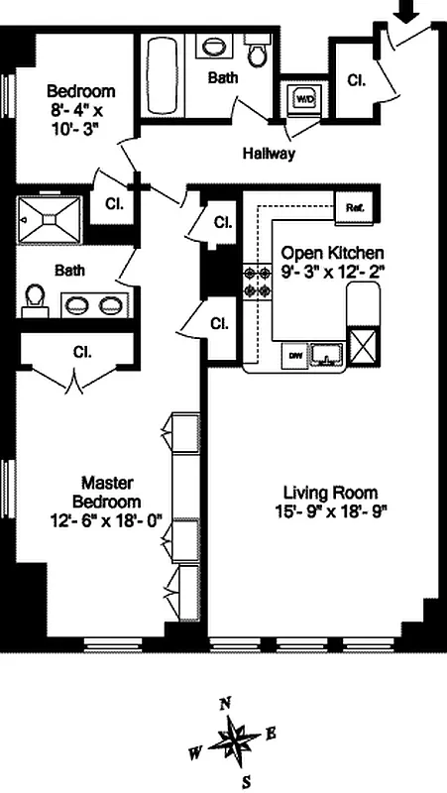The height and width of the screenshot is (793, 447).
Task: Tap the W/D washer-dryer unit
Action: [302, 98]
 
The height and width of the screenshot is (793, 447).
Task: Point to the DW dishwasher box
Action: [294, 353]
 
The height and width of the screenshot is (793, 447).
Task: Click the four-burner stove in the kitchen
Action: [258, 282]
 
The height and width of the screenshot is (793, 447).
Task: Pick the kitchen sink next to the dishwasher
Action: [325, 352]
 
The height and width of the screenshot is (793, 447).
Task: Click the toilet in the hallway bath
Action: [259, 53]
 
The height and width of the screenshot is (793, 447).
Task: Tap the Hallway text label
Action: [269, 154]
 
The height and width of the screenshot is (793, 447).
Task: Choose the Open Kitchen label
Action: [331, 253]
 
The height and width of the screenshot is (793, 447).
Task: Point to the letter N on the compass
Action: [226, 703]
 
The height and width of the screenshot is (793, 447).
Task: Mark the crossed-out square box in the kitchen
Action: [364, 351]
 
